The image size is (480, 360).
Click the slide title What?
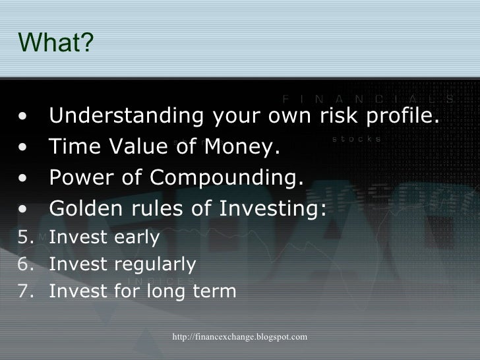click(x=55, y=42)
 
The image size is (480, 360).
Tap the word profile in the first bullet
click(x=403, y=116)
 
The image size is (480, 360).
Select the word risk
click(x=339, y=115)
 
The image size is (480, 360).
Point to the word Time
click(x=75, y=146)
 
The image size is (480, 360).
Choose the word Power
click(x=82, y=177)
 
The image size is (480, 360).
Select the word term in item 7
click(x=214, y=291)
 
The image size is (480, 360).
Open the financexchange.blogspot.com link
click(x=240, y=337)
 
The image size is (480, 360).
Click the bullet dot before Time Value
click(x=22, y=147)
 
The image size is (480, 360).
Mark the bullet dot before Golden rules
click(x=22, y=209)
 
